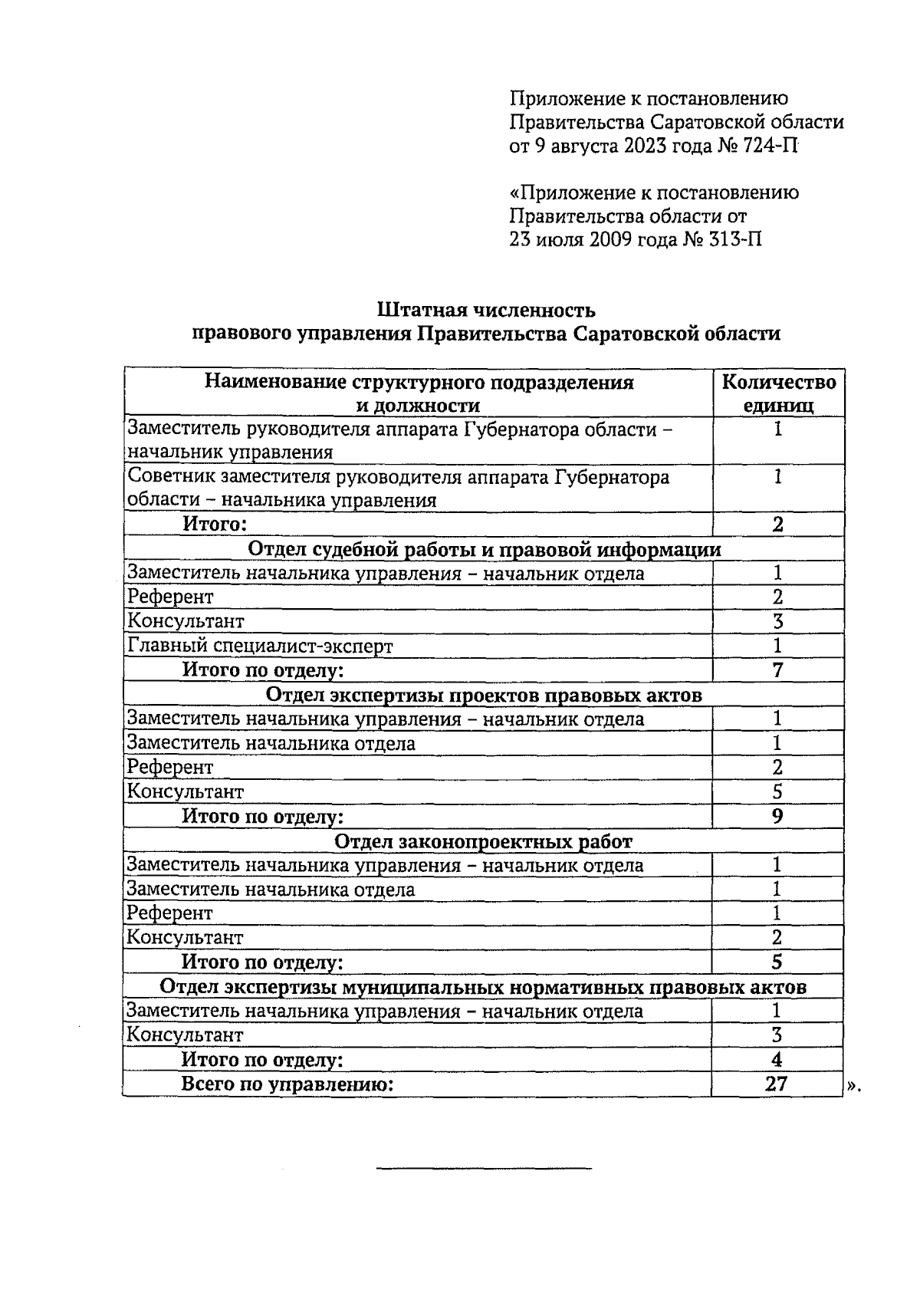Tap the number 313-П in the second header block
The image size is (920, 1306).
tap(734, 240)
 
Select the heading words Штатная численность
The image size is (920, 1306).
tap(486, 311)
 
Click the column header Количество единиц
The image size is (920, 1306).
tap(779, 393)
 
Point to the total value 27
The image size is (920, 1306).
tap(777, 1084)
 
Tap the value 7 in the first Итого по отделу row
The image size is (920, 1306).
tap(778, 670)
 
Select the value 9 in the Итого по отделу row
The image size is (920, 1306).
tap(777, 816)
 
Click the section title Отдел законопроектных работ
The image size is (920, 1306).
tap(484, 841)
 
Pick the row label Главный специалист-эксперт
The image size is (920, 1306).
tap(260, 646)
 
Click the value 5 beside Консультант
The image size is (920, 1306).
tap(777, 791)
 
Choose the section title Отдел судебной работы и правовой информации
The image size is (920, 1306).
tap(485, 549)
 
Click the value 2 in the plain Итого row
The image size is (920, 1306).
tap(778, 525)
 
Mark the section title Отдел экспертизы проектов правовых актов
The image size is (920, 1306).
tap(484, 695)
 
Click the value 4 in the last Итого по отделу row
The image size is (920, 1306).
tap(777, 1060)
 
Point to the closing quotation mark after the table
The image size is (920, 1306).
tap(855, 1086)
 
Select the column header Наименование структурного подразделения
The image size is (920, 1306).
tap(419, 383)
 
